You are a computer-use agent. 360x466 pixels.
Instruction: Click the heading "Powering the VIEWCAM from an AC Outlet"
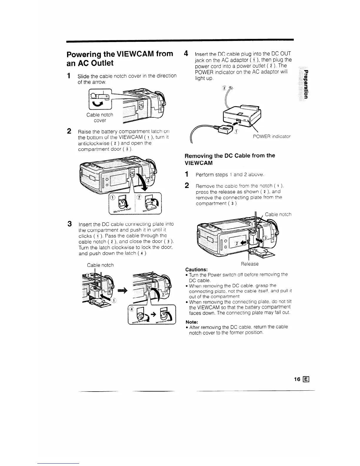pyautogui.click(x=120, y=58)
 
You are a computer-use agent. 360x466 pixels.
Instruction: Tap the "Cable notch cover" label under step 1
pyautogui.click(x=100, y=117)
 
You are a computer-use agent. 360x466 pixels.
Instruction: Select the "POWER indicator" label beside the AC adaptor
pyautogui.click(x=271, y=137)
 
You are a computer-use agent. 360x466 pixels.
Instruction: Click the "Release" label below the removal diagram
pyautogui.click(x=249, y=264)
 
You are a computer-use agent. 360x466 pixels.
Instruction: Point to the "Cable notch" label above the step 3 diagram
pyautogui.click(x=100, y=265)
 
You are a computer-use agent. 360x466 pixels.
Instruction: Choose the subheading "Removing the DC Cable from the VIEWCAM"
pyautogui.click(x=230, y=159)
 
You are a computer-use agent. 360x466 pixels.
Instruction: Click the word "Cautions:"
pyautogui.click(x=196, y=269)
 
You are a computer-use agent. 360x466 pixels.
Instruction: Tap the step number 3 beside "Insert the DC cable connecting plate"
pyautogui.click(x=69, y=224)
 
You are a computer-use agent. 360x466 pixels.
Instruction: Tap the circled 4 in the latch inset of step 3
pyautogui.click(x=132, y=309)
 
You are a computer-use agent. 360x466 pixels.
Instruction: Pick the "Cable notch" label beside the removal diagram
pyautogui.click(x=278, y=214)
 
